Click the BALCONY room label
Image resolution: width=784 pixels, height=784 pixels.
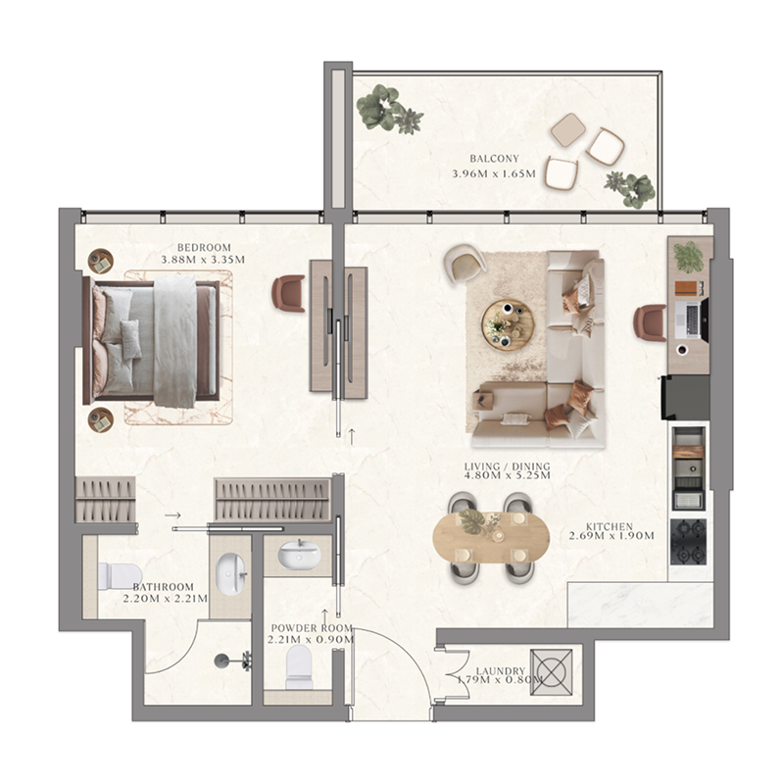pos(494,158)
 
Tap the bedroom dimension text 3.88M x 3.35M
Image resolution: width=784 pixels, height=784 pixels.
pos(203,260)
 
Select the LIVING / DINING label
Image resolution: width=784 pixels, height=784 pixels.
pos(508,465)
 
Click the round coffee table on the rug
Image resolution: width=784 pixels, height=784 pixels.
pos(508,324)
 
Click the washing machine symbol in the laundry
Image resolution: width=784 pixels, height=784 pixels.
pos(550,672)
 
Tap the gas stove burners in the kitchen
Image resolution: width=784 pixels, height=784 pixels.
pos(689,542)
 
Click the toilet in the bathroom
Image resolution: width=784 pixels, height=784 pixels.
pos(119,575)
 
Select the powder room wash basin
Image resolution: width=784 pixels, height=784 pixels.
pos(297,555)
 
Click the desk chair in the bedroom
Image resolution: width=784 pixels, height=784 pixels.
pos(288,293)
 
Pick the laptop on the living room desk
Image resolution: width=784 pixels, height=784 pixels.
pos(692,318)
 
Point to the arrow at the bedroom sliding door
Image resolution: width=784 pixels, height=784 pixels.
pos(351,433)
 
